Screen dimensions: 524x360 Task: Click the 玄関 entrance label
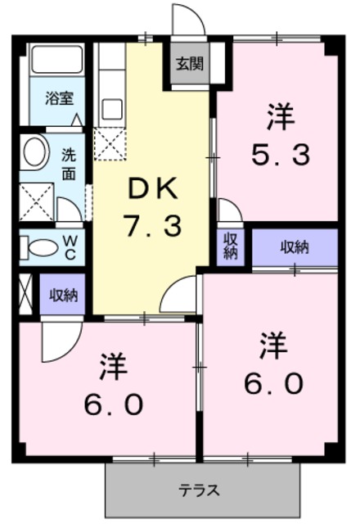tap(189, 63)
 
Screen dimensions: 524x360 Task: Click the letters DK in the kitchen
tap(151, 190)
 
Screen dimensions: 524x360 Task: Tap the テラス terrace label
tap(200, 491)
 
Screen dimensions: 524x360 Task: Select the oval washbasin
tap(35, 153)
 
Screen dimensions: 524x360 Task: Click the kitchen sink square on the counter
tap(111, 109)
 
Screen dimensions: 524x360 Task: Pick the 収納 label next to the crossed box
tap(62, 296)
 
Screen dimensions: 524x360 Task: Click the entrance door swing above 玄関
tap(185, 21)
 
